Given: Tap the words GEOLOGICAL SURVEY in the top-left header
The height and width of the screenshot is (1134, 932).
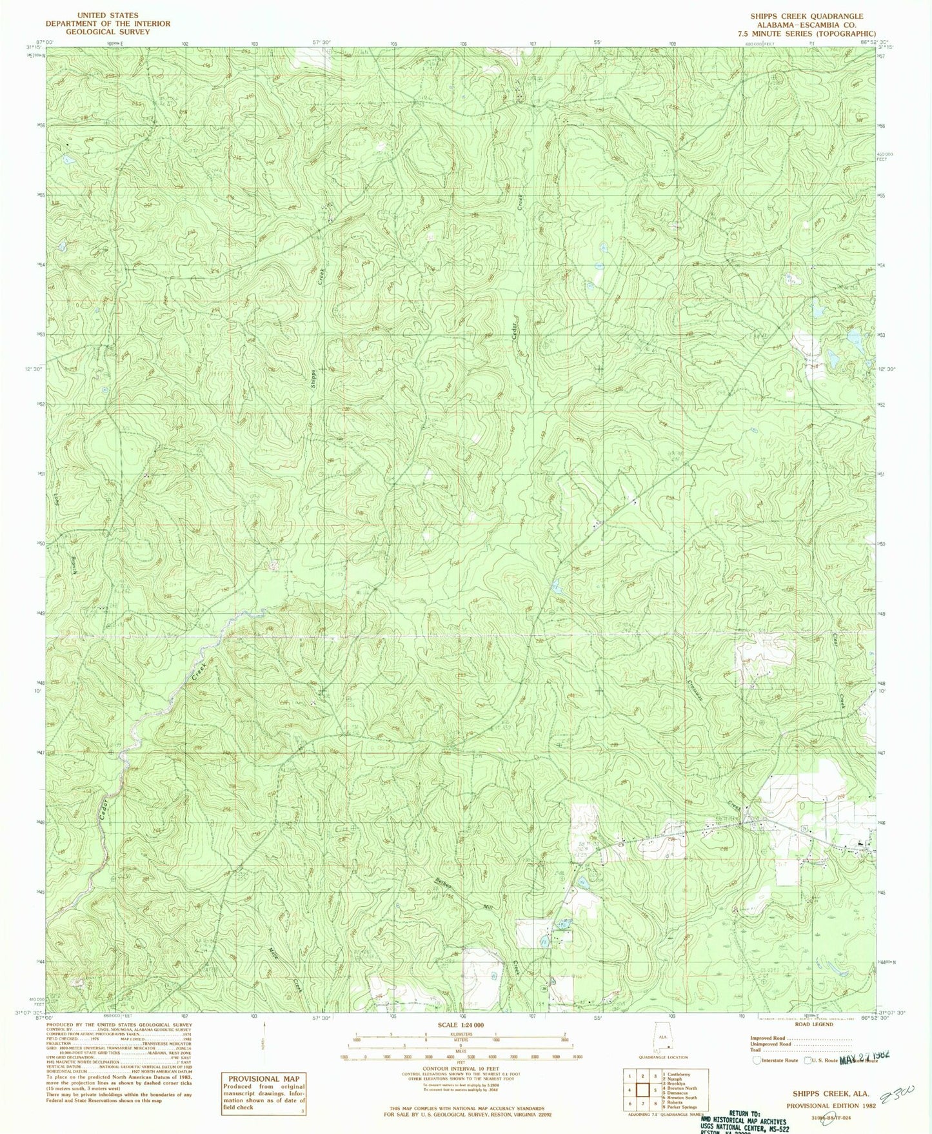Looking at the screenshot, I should (108, 32).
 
